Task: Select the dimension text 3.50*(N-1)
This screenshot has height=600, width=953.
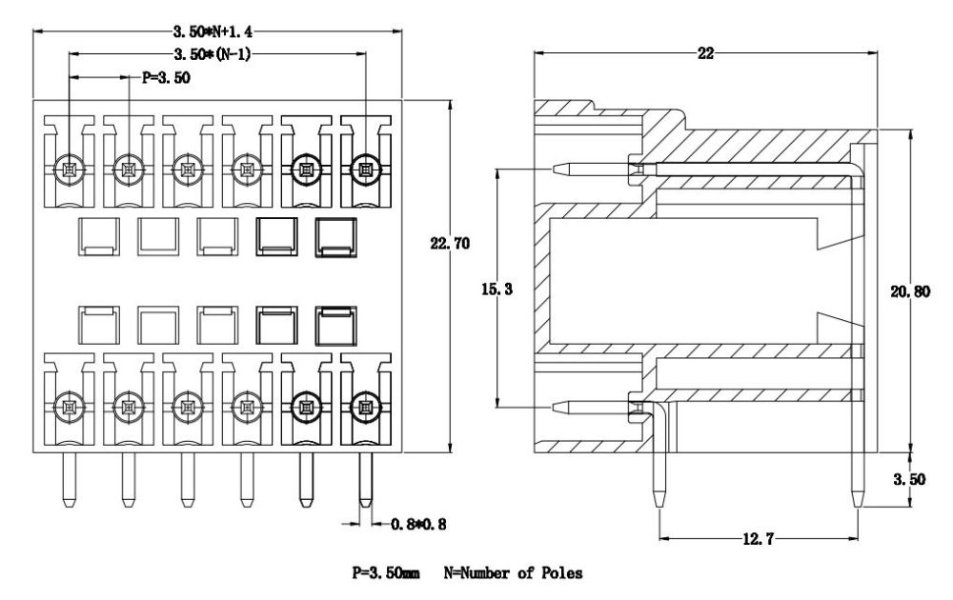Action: (216, 54)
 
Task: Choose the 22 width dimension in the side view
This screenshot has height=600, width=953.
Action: (705, 53)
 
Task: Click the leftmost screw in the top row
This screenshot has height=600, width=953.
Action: (70, 170)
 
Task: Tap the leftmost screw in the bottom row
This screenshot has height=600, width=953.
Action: (70, 408)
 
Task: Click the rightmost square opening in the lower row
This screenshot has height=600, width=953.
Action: (334, 325)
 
